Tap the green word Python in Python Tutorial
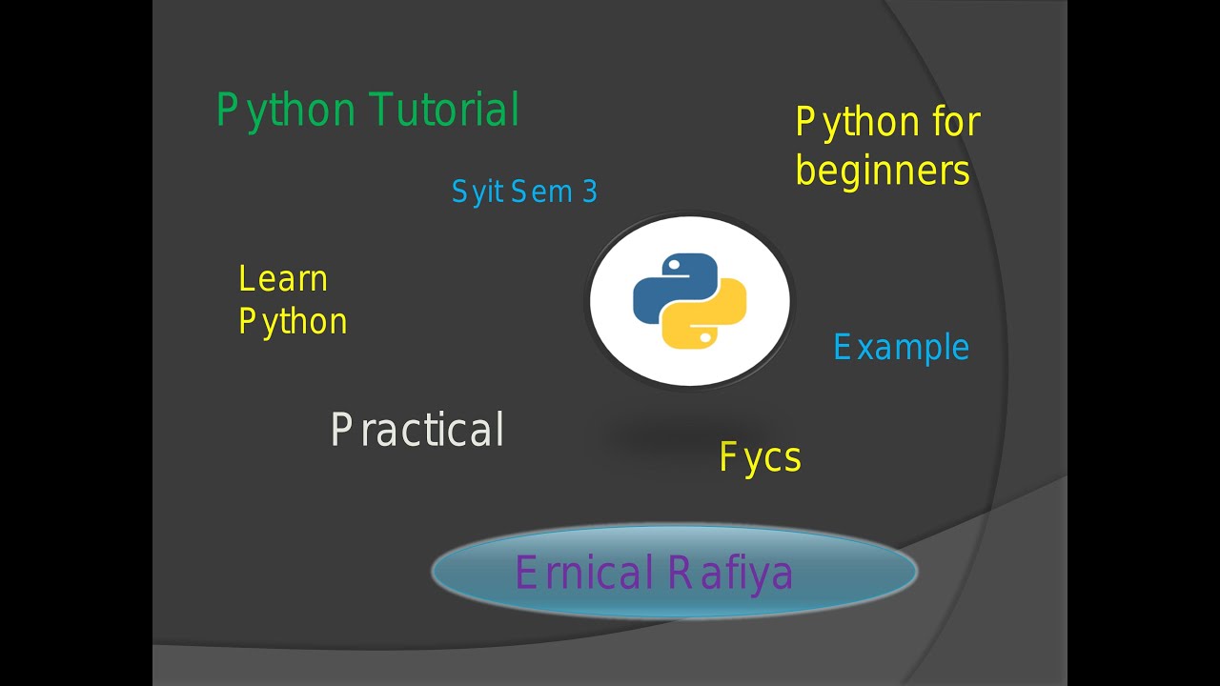click(286, 111)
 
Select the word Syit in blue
click(476, 192)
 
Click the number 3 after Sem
click(589, 192)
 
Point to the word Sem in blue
click(541, 192)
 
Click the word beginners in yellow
click(883, 172)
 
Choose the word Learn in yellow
click(283, 279)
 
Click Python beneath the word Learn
click(293, 322)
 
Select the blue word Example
click(901, 348)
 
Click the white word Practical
click(417, 430)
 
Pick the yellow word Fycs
click(760, 457)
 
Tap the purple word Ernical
click(582, 573)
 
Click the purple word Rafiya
click(730, 574)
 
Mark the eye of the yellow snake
click(705, 336)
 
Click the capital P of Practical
click(341, 430)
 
